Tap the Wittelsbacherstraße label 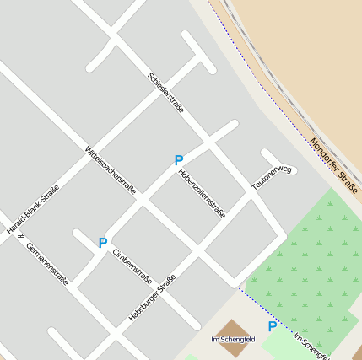tap(111, 170)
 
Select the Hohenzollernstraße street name tap(202, 194)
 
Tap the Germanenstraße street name tap(47, 263)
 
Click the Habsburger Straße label tap(152, 298)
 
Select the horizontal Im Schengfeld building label tap(233, 339)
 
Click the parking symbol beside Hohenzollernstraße tap(178, 160)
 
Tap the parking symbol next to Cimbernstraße tap(102, 243)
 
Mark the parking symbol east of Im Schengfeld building tap(272, 326)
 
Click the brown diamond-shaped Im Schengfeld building tap(234, 330)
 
